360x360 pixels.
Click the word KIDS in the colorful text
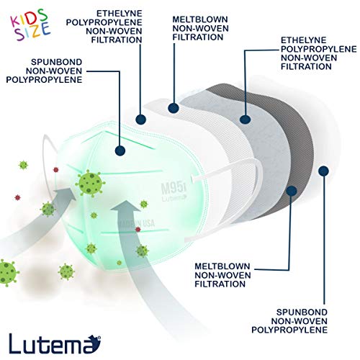point(28,18)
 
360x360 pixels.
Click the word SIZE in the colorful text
point(33,30)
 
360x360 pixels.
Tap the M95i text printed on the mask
point(174,186)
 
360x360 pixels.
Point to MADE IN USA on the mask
point(136,223)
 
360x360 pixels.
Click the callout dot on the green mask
point(120,150)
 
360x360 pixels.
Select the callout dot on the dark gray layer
point(292,191)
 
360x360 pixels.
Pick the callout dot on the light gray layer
point(245,120)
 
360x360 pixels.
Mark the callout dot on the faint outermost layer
point(323,171)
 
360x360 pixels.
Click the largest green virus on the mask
point(91,184)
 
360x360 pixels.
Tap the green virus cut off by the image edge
point(8,273)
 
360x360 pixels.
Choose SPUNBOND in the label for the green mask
point(57,62)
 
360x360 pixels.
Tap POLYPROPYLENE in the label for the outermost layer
point(289,330)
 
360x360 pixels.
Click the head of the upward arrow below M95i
point(125,207)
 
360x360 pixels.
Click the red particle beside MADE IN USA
point(138,230)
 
